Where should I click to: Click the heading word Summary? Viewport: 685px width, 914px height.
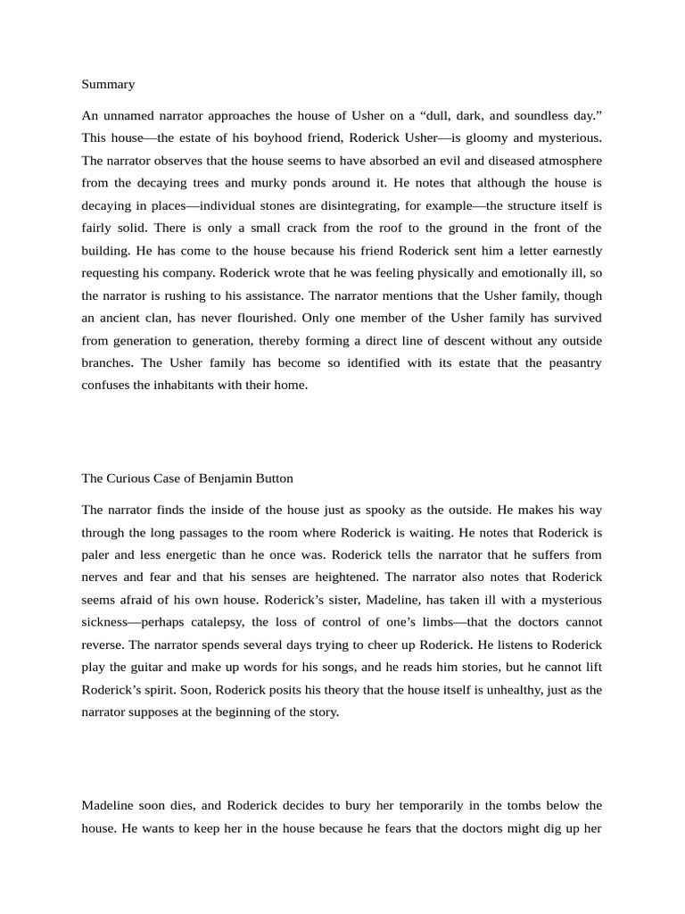point(108,84)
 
